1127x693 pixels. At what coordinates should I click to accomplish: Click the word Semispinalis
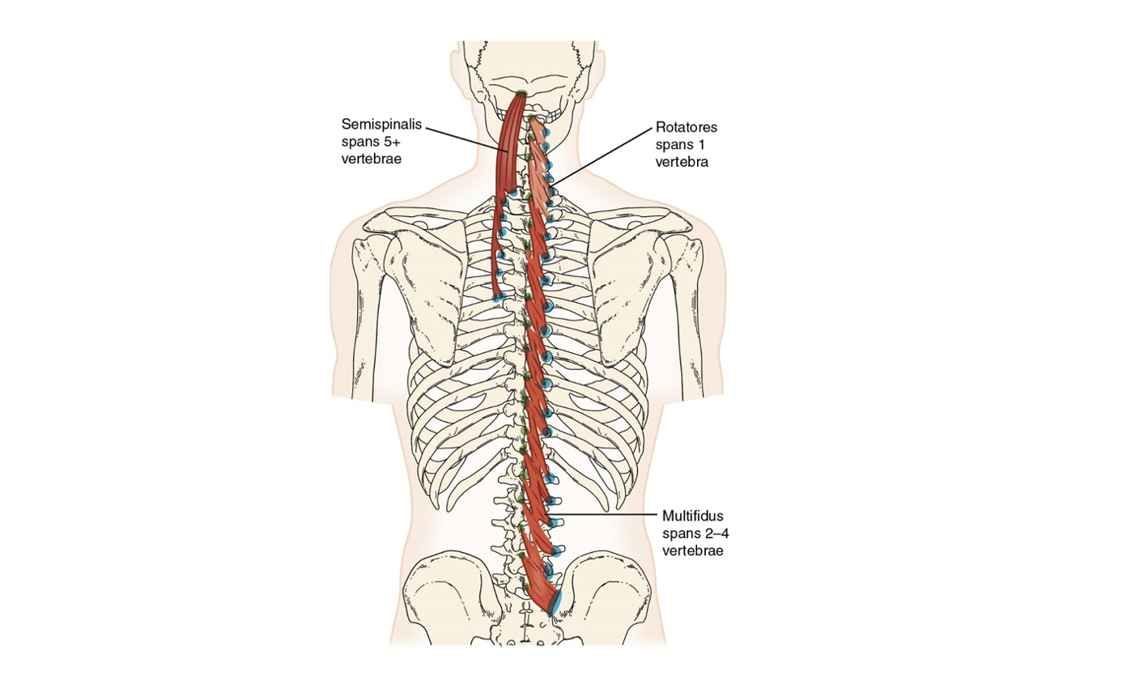(x=377, y=125)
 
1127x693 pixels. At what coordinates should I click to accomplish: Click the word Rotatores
(x=687, y=128)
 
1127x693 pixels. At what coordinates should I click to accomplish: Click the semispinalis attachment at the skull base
(x=520, y=96)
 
